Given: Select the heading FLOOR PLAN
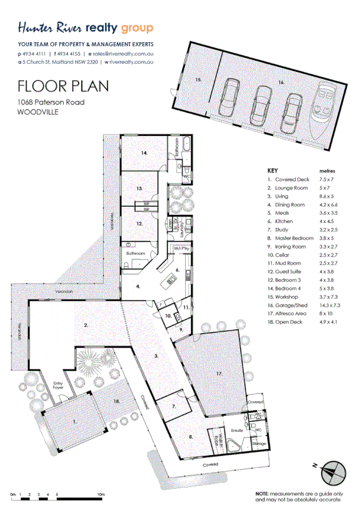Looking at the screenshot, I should pos(64,85).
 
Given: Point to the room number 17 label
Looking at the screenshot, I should pos(219,373).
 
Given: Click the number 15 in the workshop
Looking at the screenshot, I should pos(197,79).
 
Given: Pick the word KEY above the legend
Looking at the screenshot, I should pos(272,171).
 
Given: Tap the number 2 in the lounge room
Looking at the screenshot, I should pos(86,325).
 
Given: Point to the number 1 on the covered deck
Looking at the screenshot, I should pos(75,423).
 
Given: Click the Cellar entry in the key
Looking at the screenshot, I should pos(284,255).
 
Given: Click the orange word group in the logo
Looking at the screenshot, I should pos(137,28).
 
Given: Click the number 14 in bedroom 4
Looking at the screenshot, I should pos(144,153).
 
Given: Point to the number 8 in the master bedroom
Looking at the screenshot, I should pos(191,437).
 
